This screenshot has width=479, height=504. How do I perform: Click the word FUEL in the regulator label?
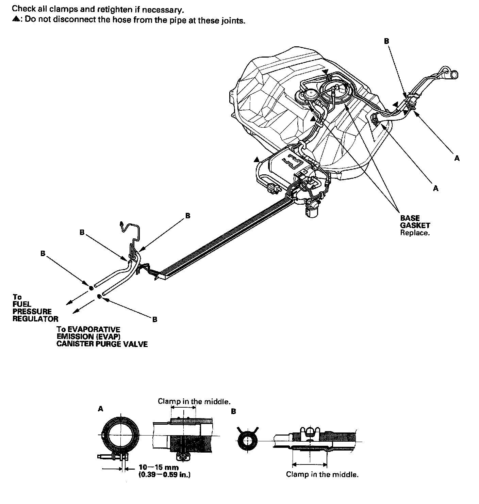(22, 304)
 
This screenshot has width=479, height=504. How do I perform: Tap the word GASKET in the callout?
(415, 225)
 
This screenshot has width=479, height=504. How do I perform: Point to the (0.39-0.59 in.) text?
(164, 474)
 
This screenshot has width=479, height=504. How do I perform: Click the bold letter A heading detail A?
(100, 409)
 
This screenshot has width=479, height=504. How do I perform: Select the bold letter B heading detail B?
(233, 411)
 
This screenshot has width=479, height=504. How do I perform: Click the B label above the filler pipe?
(386, 41)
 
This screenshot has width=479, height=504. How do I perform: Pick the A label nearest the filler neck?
(457, 158)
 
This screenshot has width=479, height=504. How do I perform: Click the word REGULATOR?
(35, 319)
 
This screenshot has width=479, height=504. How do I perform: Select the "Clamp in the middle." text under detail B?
(322, 474)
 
